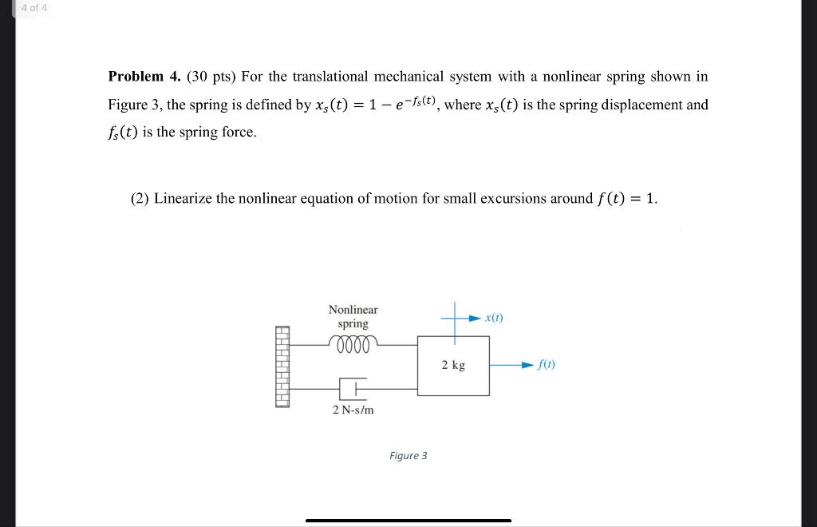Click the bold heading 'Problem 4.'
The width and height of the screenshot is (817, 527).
(x=144, y=77)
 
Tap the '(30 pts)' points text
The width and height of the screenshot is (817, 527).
(x=211, y=77)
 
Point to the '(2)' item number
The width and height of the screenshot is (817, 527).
(x=140, y=198)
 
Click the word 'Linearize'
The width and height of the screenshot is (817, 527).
(x=183, y=198)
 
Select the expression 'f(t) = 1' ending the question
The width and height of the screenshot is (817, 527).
(x=627, y=198)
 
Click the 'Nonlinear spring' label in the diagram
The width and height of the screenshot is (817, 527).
(x=353, y=316)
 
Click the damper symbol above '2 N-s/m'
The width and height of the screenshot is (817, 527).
(x=353, y=388)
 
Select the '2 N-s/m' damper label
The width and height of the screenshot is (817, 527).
(x=353, y=410)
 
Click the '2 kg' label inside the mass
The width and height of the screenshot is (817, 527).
(x=452, y=365)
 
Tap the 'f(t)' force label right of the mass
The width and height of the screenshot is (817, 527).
(x=546, y=365)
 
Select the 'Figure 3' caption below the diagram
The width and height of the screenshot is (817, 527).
(x=408, y=456)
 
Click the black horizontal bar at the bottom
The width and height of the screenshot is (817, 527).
(x=408, y=521)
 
